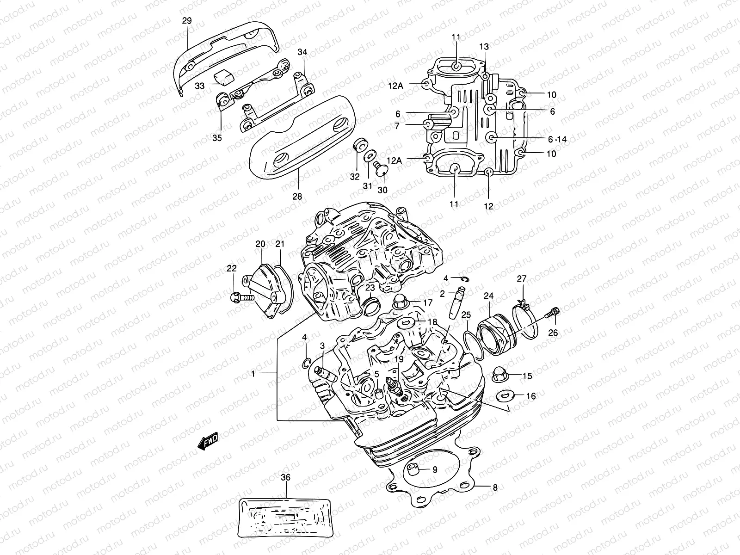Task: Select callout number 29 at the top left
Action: [x=187, y=21]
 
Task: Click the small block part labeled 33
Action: [x=222, y=77]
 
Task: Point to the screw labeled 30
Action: [x=381, y=171]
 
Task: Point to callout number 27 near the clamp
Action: [x=521, y=278]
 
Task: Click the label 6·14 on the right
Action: [x=557, y=139]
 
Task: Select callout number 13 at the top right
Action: [x=484, y=46]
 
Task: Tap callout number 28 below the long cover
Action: [x=297, y=196]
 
